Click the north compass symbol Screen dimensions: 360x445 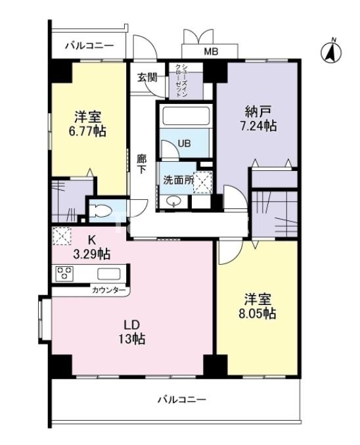pyautogui.click(x=331, y=52)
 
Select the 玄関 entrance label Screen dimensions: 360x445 pyautogui.click(x=148, y=78)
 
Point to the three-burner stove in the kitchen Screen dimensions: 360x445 pyautogui.click(x=64, y=273)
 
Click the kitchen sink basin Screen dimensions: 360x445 pyautogui.click(x=109, y=274)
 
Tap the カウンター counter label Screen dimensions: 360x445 pyautogui.click(x=108, y=290)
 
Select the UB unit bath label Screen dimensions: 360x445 pyautogui.click(x=184, y=143)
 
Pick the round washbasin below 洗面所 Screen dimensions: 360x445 pyautogui.click(x=173, y=202)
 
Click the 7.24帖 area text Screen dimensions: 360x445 pyautogui.click(x=258, y=126)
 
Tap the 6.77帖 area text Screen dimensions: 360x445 pyautogui.click(x=87, y=131)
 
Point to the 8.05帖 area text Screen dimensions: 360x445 pyautogui.click(x=258, y=314)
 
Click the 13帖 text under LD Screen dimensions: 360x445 pyautogui.click(x=131, y=339)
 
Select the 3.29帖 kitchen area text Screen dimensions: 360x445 pyautogui.click(x=91, y=254)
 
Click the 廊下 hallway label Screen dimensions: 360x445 pyautogui.click(x=141, y=164)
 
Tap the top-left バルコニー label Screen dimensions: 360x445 pyautogui.click(x=89, y=45)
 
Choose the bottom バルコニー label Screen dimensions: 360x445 pyautogui.click(x=182, y=400)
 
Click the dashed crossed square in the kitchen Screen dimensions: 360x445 pyautogui.click(x=62, y=236)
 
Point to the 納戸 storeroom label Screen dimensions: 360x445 pyautogui.click(x=258, y=112)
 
